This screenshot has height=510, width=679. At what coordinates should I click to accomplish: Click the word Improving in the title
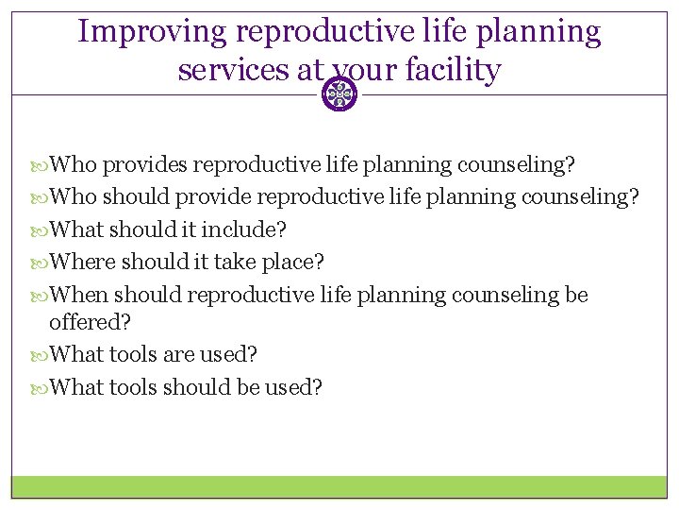pos(153,31)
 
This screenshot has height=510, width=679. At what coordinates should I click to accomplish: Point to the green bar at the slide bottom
pos(339,486)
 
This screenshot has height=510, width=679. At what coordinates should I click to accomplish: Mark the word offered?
pos(90,322)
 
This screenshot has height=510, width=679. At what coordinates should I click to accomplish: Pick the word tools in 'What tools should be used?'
pos(133,387)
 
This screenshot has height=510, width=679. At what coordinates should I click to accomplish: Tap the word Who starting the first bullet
pos(74,165)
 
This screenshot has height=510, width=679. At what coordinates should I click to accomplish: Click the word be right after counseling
pos(576,296)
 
